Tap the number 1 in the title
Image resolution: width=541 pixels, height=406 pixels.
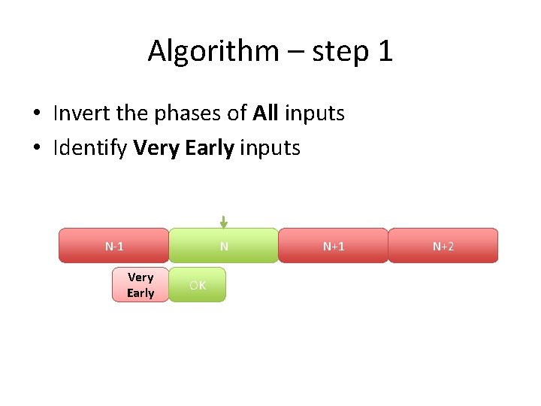[385, 51]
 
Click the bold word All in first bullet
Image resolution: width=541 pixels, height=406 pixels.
[265, 114]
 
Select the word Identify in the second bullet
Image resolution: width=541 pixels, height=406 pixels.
[89, 148]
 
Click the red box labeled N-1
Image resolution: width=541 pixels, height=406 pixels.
[114, 246]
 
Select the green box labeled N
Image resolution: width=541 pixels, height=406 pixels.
[223, 246]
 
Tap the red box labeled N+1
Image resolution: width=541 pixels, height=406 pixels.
[334, 246]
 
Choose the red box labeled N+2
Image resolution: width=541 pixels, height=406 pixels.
[443, 246]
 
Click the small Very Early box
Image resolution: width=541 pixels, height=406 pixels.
[141, 285]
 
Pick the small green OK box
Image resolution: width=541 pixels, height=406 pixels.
[197, 285]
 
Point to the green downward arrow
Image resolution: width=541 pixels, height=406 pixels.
[223, 222]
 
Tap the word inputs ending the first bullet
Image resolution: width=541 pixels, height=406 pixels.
[314, 114]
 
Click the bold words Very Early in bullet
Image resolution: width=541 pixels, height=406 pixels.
[183, 148]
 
